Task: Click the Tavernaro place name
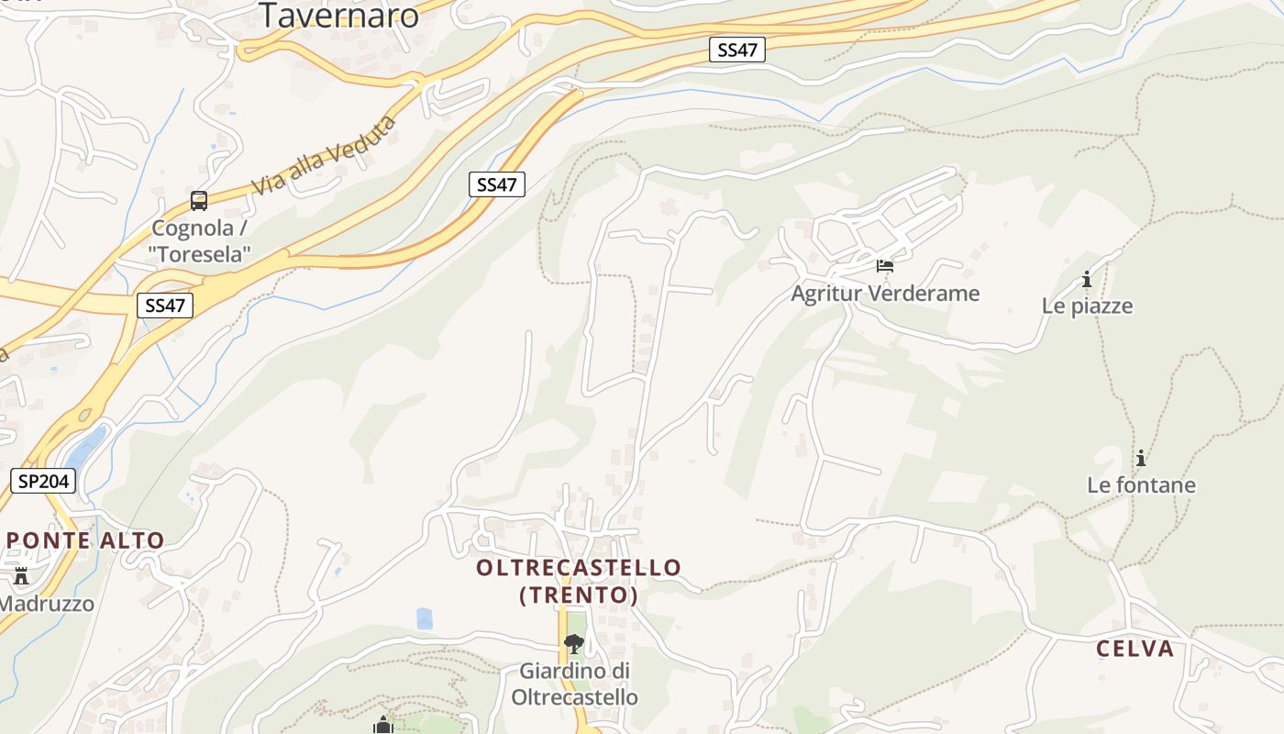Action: click(338, 15)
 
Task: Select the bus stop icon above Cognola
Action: click(199, 201)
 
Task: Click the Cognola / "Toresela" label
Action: click(200, 241)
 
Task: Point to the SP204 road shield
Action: click(43, 481)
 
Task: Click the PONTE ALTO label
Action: click(85, 540)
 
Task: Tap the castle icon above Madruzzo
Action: click(21, 576)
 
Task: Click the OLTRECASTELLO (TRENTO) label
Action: click(579, 581)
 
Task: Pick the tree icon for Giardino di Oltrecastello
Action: click(574, 643)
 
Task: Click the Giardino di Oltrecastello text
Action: click(574, 684)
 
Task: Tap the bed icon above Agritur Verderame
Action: click(885, 266)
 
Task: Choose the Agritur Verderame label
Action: click(885, 294)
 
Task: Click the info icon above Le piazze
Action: click(1087, 279)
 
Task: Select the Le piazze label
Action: click(1087, 306)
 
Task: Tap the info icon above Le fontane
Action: click(1141, 458)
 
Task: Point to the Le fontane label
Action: click(1141, 484)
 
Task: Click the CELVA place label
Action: click(1135, 649)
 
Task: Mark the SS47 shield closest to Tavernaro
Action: click(737, 50)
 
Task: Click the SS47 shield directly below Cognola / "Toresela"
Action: click(165, 306)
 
